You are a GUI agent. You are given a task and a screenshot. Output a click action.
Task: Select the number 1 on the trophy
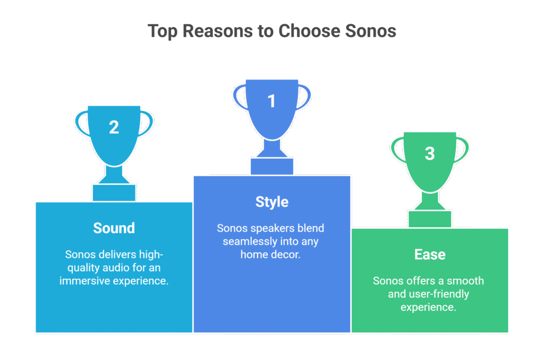coord(271,101)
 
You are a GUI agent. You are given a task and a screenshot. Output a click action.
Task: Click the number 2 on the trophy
coord(114,127)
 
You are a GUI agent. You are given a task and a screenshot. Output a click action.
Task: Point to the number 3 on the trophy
coord(430,154)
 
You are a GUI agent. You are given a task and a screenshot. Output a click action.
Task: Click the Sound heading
coord(114,228)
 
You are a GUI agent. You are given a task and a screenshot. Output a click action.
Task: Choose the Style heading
coord(271,202)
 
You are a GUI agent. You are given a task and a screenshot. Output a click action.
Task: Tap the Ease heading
coord(430,255)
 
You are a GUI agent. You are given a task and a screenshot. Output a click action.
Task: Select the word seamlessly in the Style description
coord(245,242)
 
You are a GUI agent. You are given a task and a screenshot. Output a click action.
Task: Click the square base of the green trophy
coord(430,219)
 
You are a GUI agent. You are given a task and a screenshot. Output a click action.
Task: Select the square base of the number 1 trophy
coord(271,166)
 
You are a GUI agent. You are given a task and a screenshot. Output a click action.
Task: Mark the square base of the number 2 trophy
coord(114,192)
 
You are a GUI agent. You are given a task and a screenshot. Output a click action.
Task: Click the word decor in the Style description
coord(287,254)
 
